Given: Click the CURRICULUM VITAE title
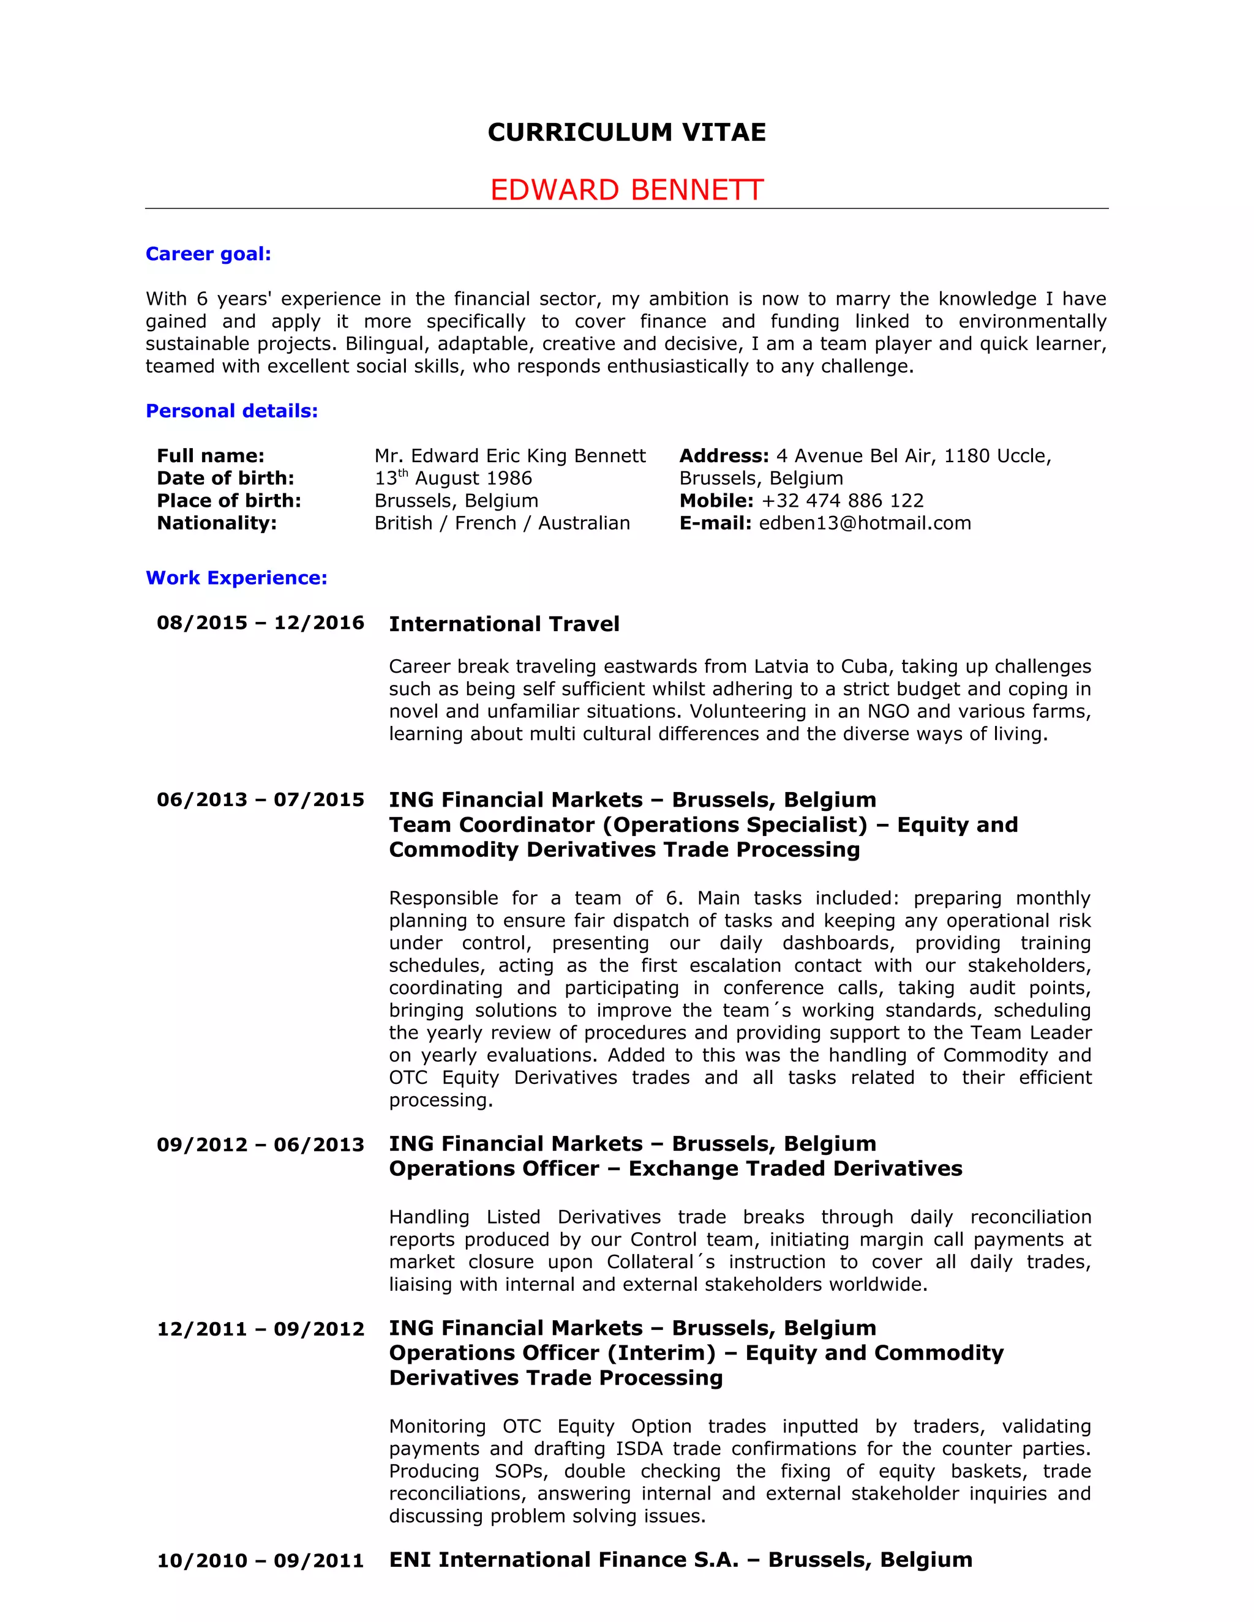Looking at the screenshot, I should coord(626,132).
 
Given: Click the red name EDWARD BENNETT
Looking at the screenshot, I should coord(626,190).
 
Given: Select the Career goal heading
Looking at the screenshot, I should coord(208,254).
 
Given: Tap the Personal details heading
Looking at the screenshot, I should coord(232,411).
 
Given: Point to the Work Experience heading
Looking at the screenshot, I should coord(236,578).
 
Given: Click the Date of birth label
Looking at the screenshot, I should coord(225,478).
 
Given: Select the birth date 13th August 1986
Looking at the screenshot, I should coord(453,478).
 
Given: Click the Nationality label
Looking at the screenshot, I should coord(216,523).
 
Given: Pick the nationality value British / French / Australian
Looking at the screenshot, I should coord(502,523).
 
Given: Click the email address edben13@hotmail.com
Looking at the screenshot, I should coord(865,523).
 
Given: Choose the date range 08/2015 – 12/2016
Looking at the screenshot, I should coord(260,622).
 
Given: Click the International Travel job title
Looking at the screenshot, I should coord(504,624).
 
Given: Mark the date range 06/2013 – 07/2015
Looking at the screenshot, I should coord(260,800).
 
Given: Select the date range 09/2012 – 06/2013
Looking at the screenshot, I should coord(260,1145).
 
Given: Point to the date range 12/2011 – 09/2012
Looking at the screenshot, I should coord(260,1329).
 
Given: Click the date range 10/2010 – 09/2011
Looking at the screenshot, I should coord(260,1560).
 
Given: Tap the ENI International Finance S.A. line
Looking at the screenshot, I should coord(680,1560).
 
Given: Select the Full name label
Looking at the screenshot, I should coord(210,456).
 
